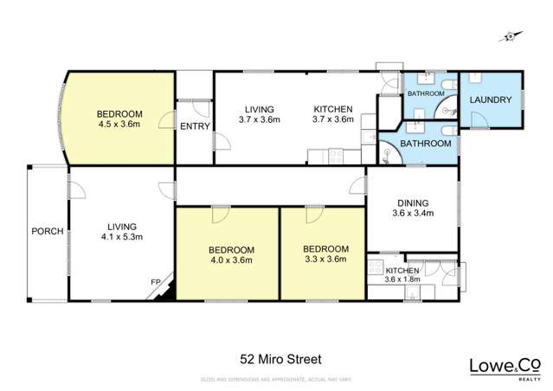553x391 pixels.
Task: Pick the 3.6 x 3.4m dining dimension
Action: point(412,213)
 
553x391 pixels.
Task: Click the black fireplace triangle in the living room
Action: point(169,288)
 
